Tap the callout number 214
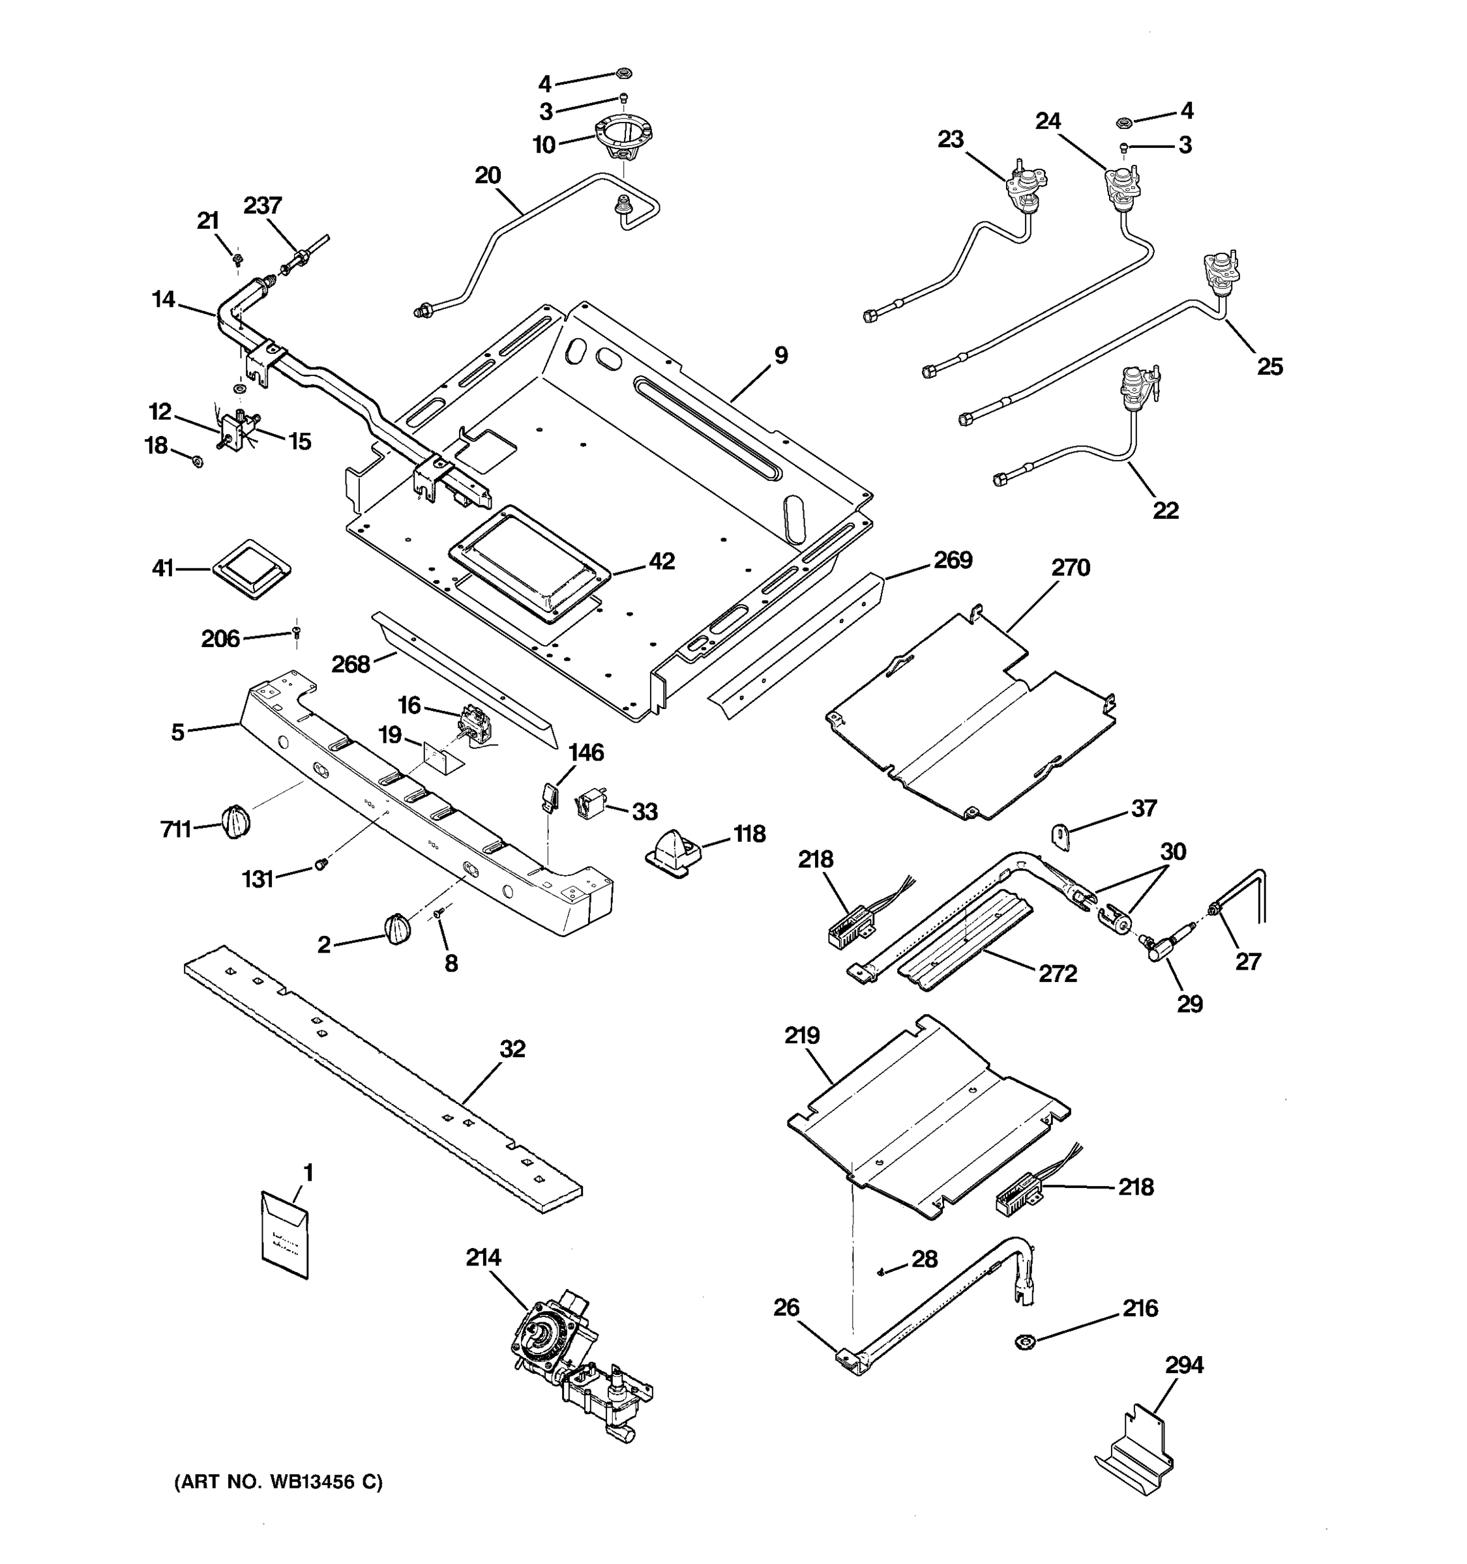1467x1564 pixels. (x=482, y=1258)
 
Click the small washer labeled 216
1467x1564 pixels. (x=1025, y=1340)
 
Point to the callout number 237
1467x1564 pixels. (x=262, y=205)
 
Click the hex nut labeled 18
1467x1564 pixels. (x=198, y=460)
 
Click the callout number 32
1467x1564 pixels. (x=512, y=1049)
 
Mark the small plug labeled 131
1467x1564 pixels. (x=320, y=865)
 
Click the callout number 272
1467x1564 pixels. (x=1057, y=973)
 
